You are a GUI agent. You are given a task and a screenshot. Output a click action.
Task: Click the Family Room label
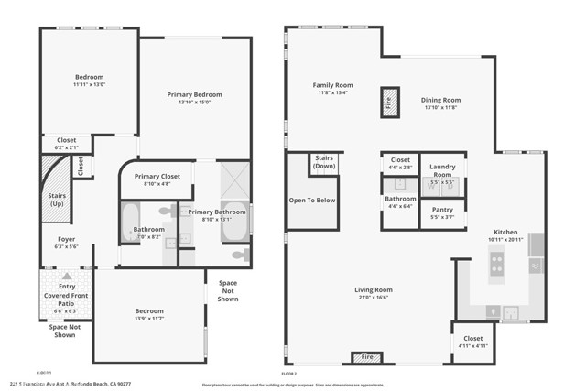pos(333,85)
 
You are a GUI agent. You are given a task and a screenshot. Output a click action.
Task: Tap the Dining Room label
pos(440,100)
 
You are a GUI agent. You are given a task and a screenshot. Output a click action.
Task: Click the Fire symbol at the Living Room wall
pos(365,356)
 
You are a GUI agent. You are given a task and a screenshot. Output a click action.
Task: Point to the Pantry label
pos(442,209)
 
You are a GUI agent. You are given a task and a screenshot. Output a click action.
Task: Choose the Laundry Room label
pos(442,170)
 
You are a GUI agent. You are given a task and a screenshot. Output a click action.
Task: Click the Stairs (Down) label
pos(324,161)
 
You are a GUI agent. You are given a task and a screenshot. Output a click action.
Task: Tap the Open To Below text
pos(311,199)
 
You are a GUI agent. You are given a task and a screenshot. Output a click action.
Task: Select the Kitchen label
pos(506,232)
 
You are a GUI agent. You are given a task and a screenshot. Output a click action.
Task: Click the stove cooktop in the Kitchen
pos(497,265)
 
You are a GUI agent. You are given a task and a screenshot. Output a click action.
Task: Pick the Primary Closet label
pos(157,176)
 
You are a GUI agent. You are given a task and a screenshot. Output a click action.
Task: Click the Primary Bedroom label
pos(193,94)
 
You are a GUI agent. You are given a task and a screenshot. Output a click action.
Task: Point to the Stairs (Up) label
pos(57,199)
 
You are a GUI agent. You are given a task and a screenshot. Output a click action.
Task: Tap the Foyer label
pos(67,239)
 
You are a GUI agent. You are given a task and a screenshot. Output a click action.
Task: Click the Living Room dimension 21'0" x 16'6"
pos(373,298)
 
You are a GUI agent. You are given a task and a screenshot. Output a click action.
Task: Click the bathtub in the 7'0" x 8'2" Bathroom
pos(130,223)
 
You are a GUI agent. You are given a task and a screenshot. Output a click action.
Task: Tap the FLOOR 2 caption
pos(289,374)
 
